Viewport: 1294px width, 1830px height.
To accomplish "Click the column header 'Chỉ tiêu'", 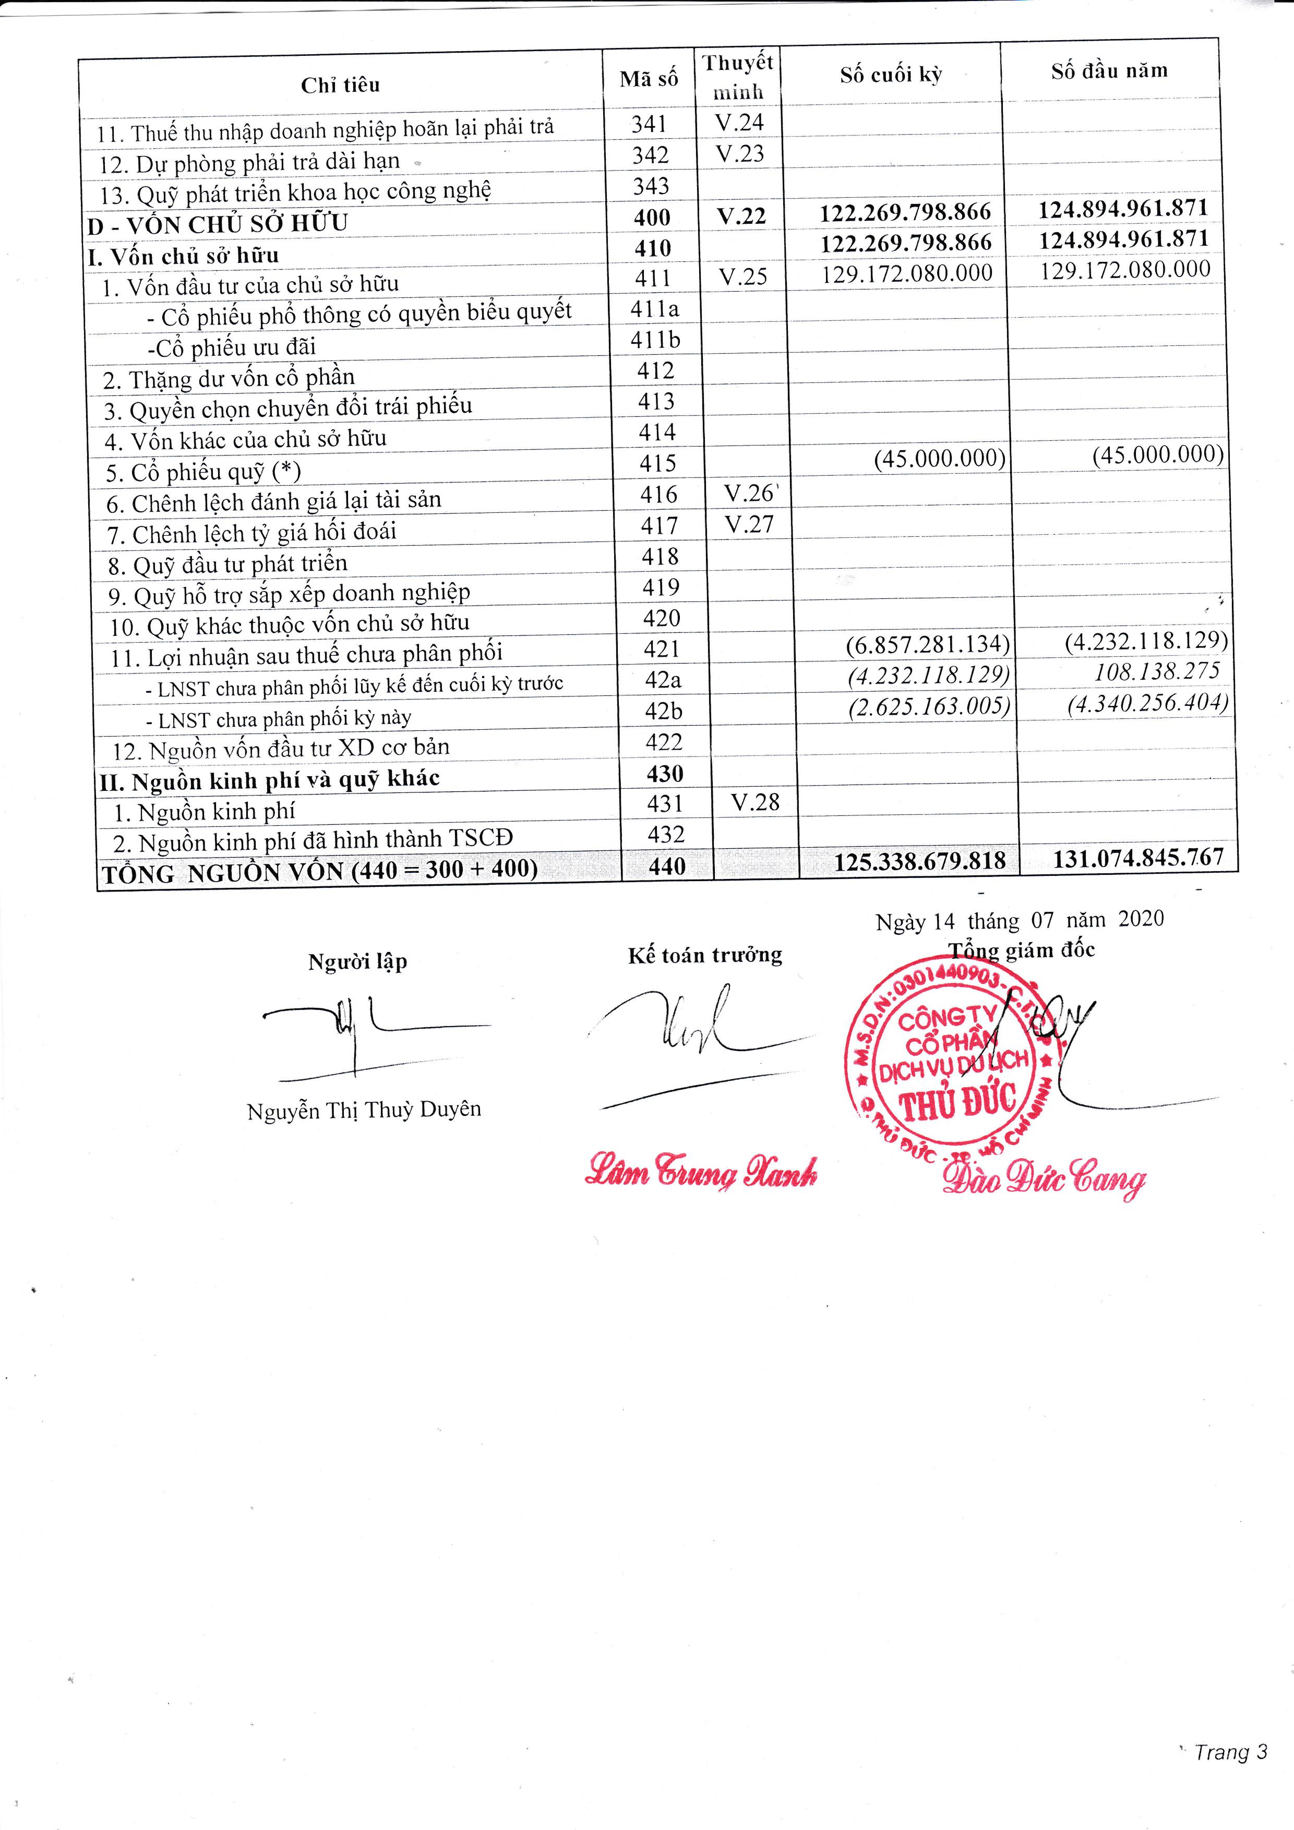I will click(x=340, y=85).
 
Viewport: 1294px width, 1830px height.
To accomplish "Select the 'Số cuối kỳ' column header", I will click(x=891, y=75).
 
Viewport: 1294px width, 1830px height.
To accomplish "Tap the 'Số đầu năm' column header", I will click(x=1109, y=71).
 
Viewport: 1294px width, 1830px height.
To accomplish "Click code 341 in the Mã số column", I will click(x=649, y=124).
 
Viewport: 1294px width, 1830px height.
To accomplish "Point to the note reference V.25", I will click(x=742, y=276).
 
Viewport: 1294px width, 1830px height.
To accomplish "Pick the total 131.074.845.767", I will click(x=1138, y=858).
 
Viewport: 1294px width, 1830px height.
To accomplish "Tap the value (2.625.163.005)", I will click(x=929, y=707).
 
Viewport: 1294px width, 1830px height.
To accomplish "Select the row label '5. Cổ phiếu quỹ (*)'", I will click(x=203, y=472).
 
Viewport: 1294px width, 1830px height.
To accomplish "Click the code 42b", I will click(x=663, y=711).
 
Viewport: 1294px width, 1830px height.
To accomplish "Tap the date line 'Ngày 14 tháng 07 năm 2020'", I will click(x=1019, y=920).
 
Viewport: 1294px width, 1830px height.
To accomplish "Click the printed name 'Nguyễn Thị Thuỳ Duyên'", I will click(x=364, y=1110).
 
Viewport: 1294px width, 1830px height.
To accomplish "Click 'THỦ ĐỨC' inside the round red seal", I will click(x=957, y=1104).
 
